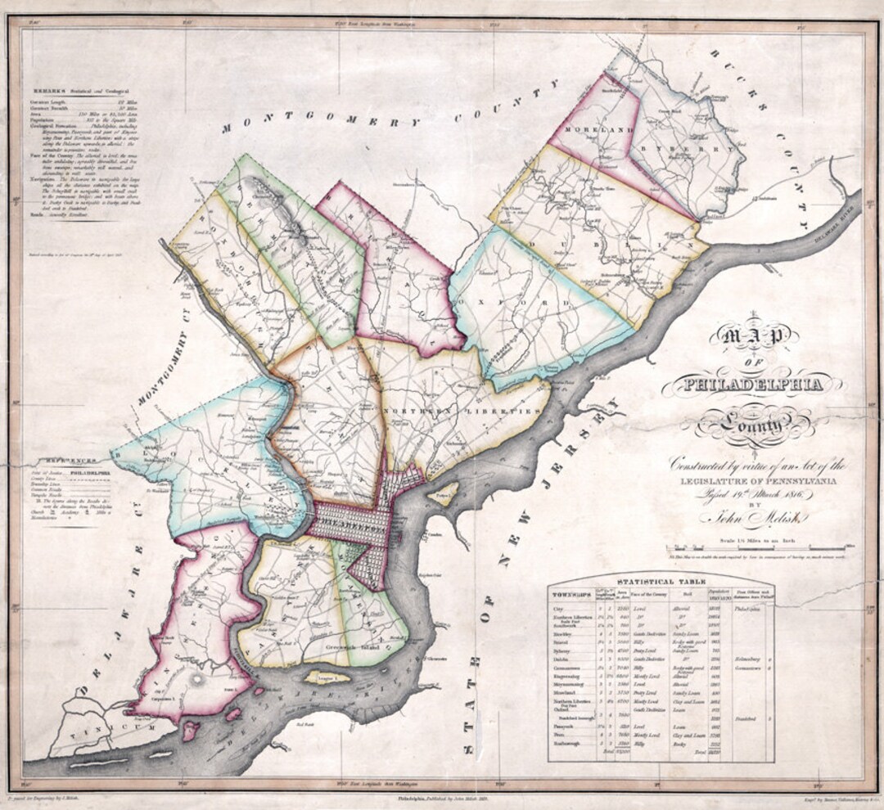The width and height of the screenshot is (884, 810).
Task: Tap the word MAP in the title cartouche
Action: (753, 335)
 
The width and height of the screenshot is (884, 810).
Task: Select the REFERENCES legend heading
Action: (70, 461)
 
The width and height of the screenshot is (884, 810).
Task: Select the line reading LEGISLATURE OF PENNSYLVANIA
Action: (753, 481)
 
